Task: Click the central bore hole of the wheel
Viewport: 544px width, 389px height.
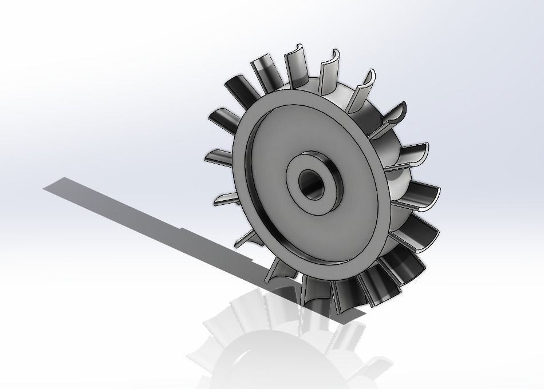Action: (x=313, y=186)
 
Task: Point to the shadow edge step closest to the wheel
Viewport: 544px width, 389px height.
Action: (x=252, y=260)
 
